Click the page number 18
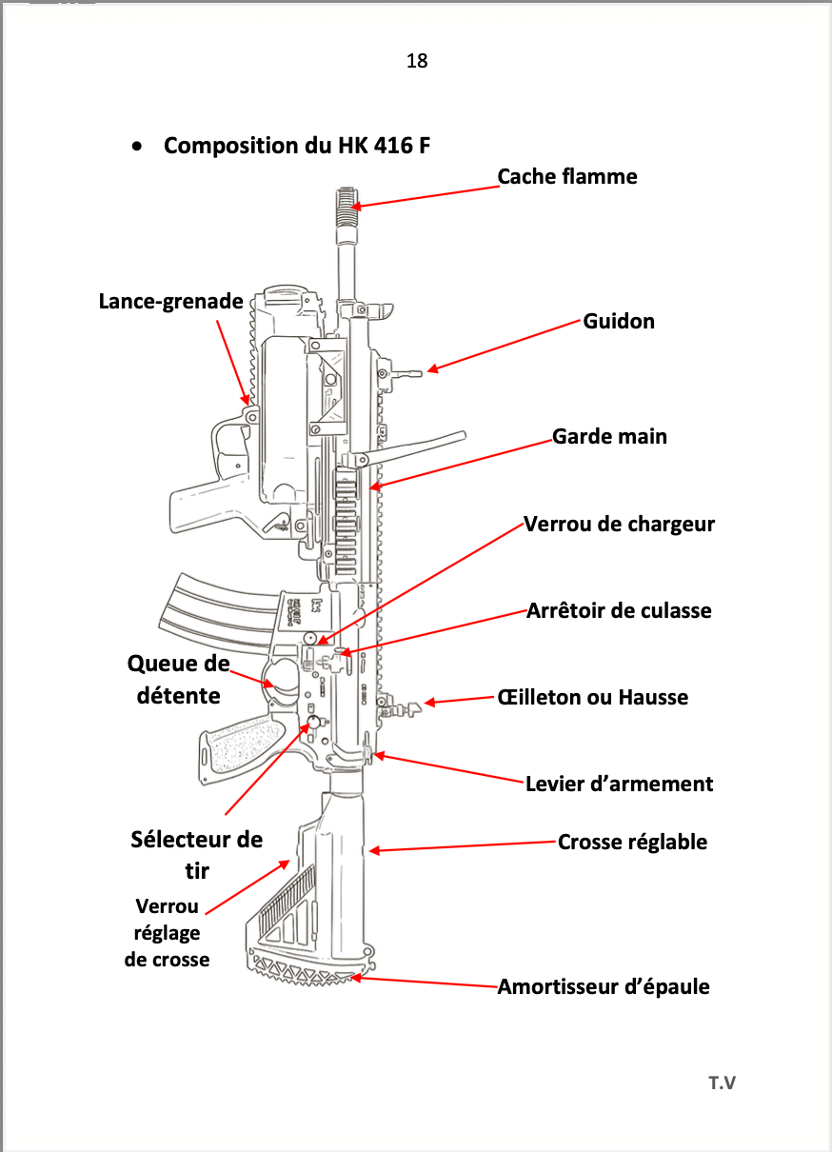point(416,61)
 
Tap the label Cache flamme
point(567,176)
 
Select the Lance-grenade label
point(171,301)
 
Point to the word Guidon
point(619,321)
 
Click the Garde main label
point(609,436)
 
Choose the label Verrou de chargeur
point(619,524)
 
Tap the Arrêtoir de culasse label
point(619,610)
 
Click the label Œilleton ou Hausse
point(592,697)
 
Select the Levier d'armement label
point(619,785)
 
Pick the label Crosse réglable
point(632,842)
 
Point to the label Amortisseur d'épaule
point(604,987)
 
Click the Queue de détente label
point(179,680)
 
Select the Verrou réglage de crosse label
point(167,933)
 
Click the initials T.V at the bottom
point(722,1082)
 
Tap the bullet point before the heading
point(139,147)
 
